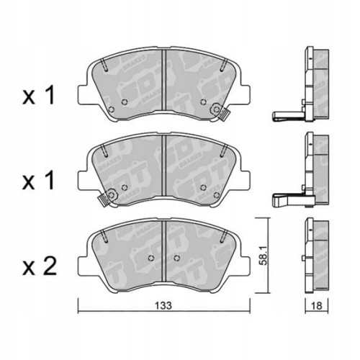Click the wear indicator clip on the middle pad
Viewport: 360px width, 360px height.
[x=109, y=196]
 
